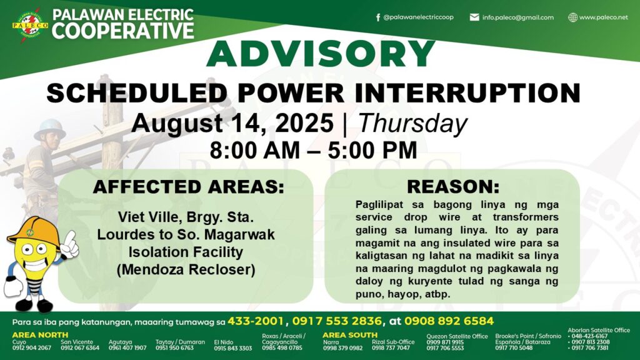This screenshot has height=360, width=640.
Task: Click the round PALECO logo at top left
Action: coord(30,25)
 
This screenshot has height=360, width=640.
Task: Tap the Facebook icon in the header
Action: coord(378,17)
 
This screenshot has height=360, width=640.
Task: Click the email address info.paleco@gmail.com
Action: coord(517,17)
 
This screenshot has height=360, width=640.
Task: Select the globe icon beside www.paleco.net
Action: coord(573,17)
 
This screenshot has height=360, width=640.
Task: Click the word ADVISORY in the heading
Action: coord(321,54)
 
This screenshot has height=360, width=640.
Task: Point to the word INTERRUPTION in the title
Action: coord(467,92)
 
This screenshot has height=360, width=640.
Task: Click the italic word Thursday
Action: coord(412,123)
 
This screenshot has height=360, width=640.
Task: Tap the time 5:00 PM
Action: coord(372,150)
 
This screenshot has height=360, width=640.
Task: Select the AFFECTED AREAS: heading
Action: coord(188,187)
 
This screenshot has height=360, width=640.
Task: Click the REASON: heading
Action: coord(453,186)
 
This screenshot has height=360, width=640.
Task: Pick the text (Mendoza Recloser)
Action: coord(186,270)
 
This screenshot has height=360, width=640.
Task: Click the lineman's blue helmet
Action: coord(50,129)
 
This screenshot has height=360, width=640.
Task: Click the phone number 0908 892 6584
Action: coord(449,321)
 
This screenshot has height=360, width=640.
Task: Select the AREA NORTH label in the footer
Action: coord(40,335)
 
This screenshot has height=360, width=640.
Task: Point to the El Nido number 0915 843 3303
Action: coord(232,349)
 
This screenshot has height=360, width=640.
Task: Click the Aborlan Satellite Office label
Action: coord(599,330)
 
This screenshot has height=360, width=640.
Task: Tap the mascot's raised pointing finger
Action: coord(71,237)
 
